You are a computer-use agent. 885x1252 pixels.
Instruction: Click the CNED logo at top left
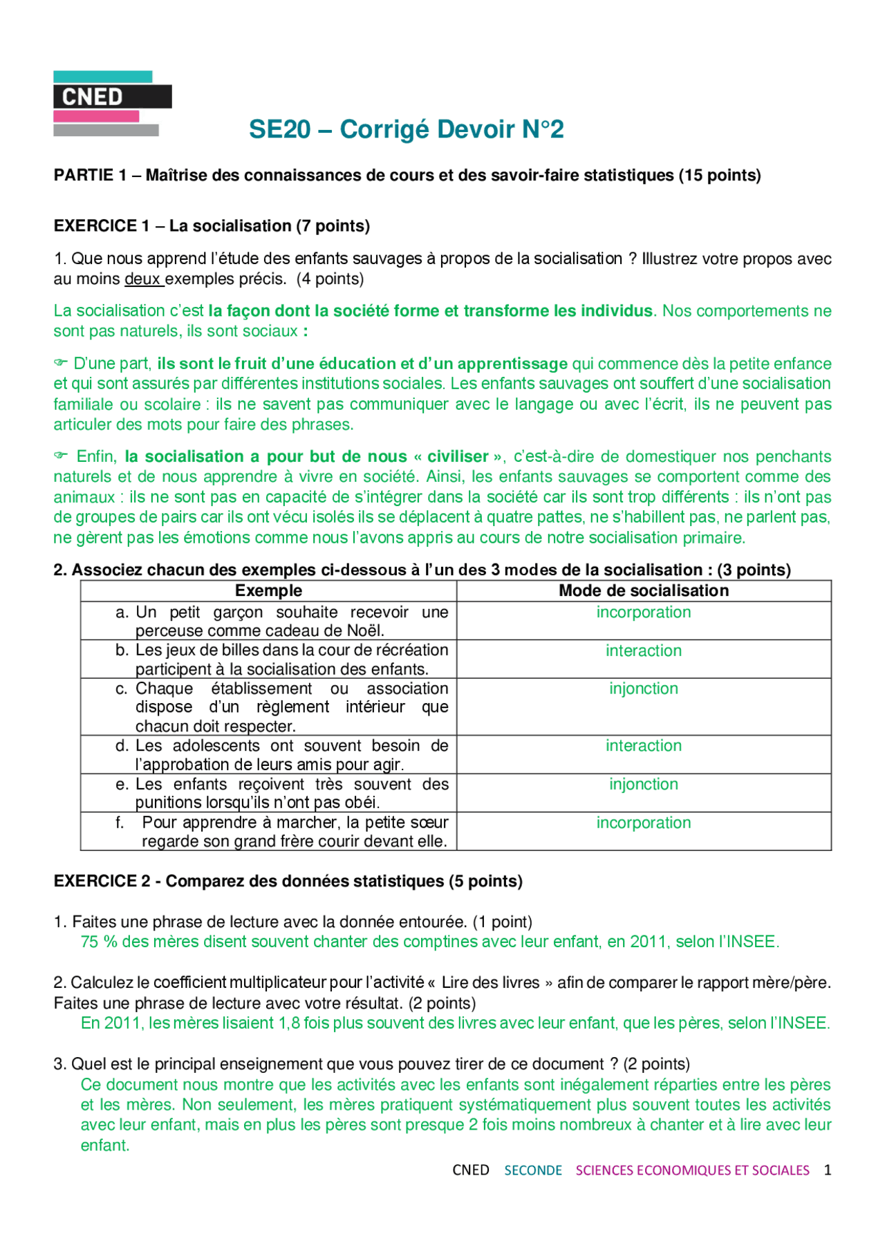pos(112,102)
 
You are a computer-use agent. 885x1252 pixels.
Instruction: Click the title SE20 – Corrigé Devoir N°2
pos(406,129)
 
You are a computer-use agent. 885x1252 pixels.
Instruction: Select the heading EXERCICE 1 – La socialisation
pos(212,226)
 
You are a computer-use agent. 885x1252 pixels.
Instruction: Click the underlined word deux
pos(142,279)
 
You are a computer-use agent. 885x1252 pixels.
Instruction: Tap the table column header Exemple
pos(268,590)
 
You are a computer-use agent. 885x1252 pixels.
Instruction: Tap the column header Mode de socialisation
pos(643,590)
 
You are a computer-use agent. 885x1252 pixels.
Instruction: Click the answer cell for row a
pos(643,613)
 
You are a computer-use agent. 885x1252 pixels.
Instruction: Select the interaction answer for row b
pos(643,651)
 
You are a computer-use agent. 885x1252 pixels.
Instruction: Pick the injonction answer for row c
pos(643,689)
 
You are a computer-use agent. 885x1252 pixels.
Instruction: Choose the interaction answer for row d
pos(643,746)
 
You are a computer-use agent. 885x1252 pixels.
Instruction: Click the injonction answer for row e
pos(643,784)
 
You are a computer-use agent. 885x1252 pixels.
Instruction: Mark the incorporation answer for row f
pos(643,823)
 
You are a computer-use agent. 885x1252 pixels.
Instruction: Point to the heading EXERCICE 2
pos(288,881)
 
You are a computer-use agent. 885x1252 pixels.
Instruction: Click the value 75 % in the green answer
pos(99,942)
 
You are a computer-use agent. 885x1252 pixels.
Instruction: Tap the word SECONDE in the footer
pos(532,1170)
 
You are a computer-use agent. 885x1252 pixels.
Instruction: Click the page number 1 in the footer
pos(827,1170)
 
